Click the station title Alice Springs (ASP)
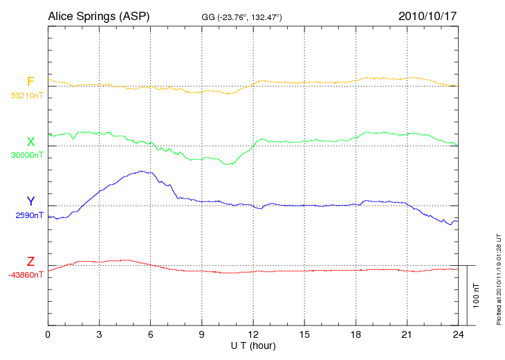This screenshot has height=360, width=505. [x=98, y=16]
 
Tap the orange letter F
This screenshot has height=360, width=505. [x=30, y=82]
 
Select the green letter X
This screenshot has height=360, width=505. [x=30, y=142]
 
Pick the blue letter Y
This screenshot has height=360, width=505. [x=30, y=201]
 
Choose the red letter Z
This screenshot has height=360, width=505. [x=30, y=262]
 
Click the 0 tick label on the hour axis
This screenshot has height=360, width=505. [x=48, y=335]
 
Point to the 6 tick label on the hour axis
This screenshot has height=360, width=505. [x=151, y=335]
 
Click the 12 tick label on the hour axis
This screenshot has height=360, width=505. [x=253, y=335]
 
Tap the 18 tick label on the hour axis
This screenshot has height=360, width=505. [x=356, y=335]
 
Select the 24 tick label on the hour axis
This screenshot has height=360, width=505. [x=458, y=335]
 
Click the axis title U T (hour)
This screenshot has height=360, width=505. [x=253, y=345]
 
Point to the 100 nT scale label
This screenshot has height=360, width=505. [x=477, y=295]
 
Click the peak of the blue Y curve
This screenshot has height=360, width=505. [x=142, y=171]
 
